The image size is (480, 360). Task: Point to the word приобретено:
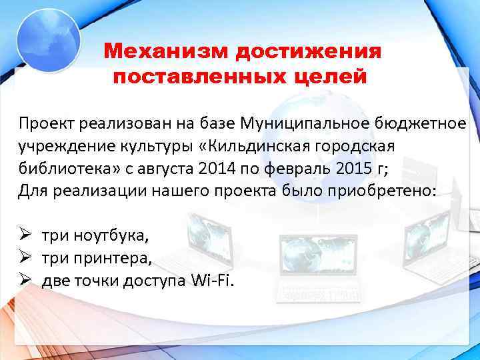click(387, 191)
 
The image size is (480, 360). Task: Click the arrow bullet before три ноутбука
click(25, 235)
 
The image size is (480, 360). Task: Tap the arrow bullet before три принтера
click(25, 258)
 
